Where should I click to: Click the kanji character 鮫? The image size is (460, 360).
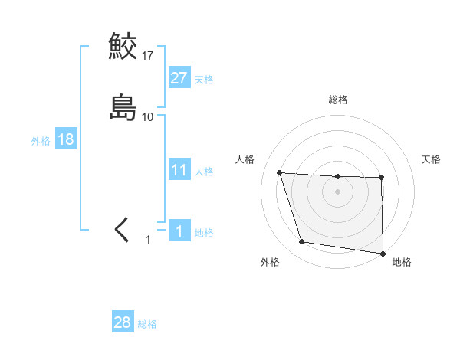(x=123, y=47)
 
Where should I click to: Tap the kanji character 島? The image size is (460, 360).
(x=123, y=106)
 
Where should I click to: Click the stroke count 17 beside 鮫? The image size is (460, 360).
(x=148, y=56)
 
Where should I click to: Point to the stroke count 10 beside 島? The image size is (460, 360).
(x=148, y=116)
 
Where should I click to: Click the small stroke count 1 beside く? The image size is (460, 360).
(x=149, y=240)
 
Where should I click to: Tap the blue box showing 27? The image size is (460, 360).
(x=179, y=78)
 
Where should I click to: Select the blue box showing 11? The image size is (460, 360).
(x=179, y=170)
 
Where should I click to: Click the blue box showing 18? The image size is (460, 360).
(x=65, y=139)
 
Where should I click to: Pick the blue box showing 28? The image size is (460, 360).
(x=122, y=322)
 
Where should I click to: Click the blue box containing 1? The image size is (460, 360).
(x=179, y=231)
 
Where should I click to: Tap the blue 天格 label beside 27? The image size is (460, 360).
(x=204, y=80)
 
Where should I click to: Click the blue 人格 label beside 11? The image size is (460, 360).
(x=204, y=172)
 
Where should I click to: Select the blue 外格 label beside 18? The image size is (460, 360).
(x=40, y=141)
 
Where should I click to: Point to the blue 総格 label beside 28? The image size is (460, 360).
(x=147, y=324)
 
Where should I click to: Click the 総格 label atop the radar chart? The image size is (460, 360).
(x=338, y=100)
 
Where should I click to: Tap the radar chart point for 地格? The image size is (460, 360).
(x=383, y=253)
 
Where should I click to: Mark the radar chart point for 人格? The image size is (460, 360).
(x=280, y=172)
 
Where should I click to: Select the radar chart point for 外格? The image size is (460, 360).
(x=302, y=242)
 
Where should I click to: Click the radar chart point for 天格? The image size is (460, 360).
(x=381, y=178)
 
